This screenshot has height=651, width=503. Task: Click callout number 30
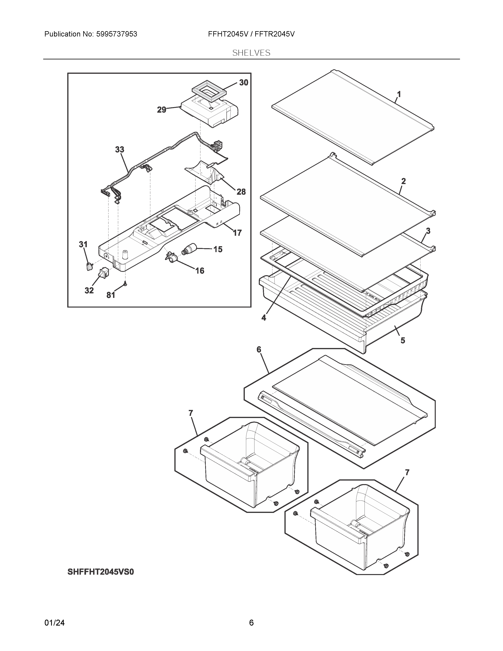tap(243, 83)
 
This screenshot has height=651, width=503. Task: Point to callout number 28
tap(241, 192)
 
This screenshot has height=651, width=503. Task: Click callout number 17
tap(237, 233)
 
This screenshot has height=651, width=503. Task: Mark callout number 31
tap(83, 244)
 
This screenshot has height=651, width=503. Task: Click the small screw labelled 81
tap(125, 284)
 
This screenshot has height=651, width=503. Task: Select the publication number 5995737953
tap(117, 34)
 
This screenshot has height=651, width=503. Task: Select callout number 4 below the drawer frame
tap(264, 318)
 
